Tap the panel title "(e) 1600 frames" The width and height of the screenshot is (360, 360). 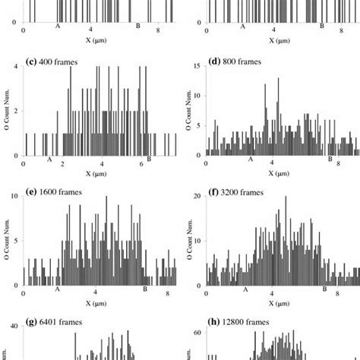click(x=58, y=192)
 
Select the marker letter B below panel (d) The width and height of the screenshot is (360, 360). click(x=330, y=159)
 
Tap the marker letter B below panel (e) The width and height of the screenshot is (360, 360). click(x=145, y=289)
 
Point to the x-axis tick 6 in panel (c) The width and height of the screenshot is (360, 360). click(x=142, y=163)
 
